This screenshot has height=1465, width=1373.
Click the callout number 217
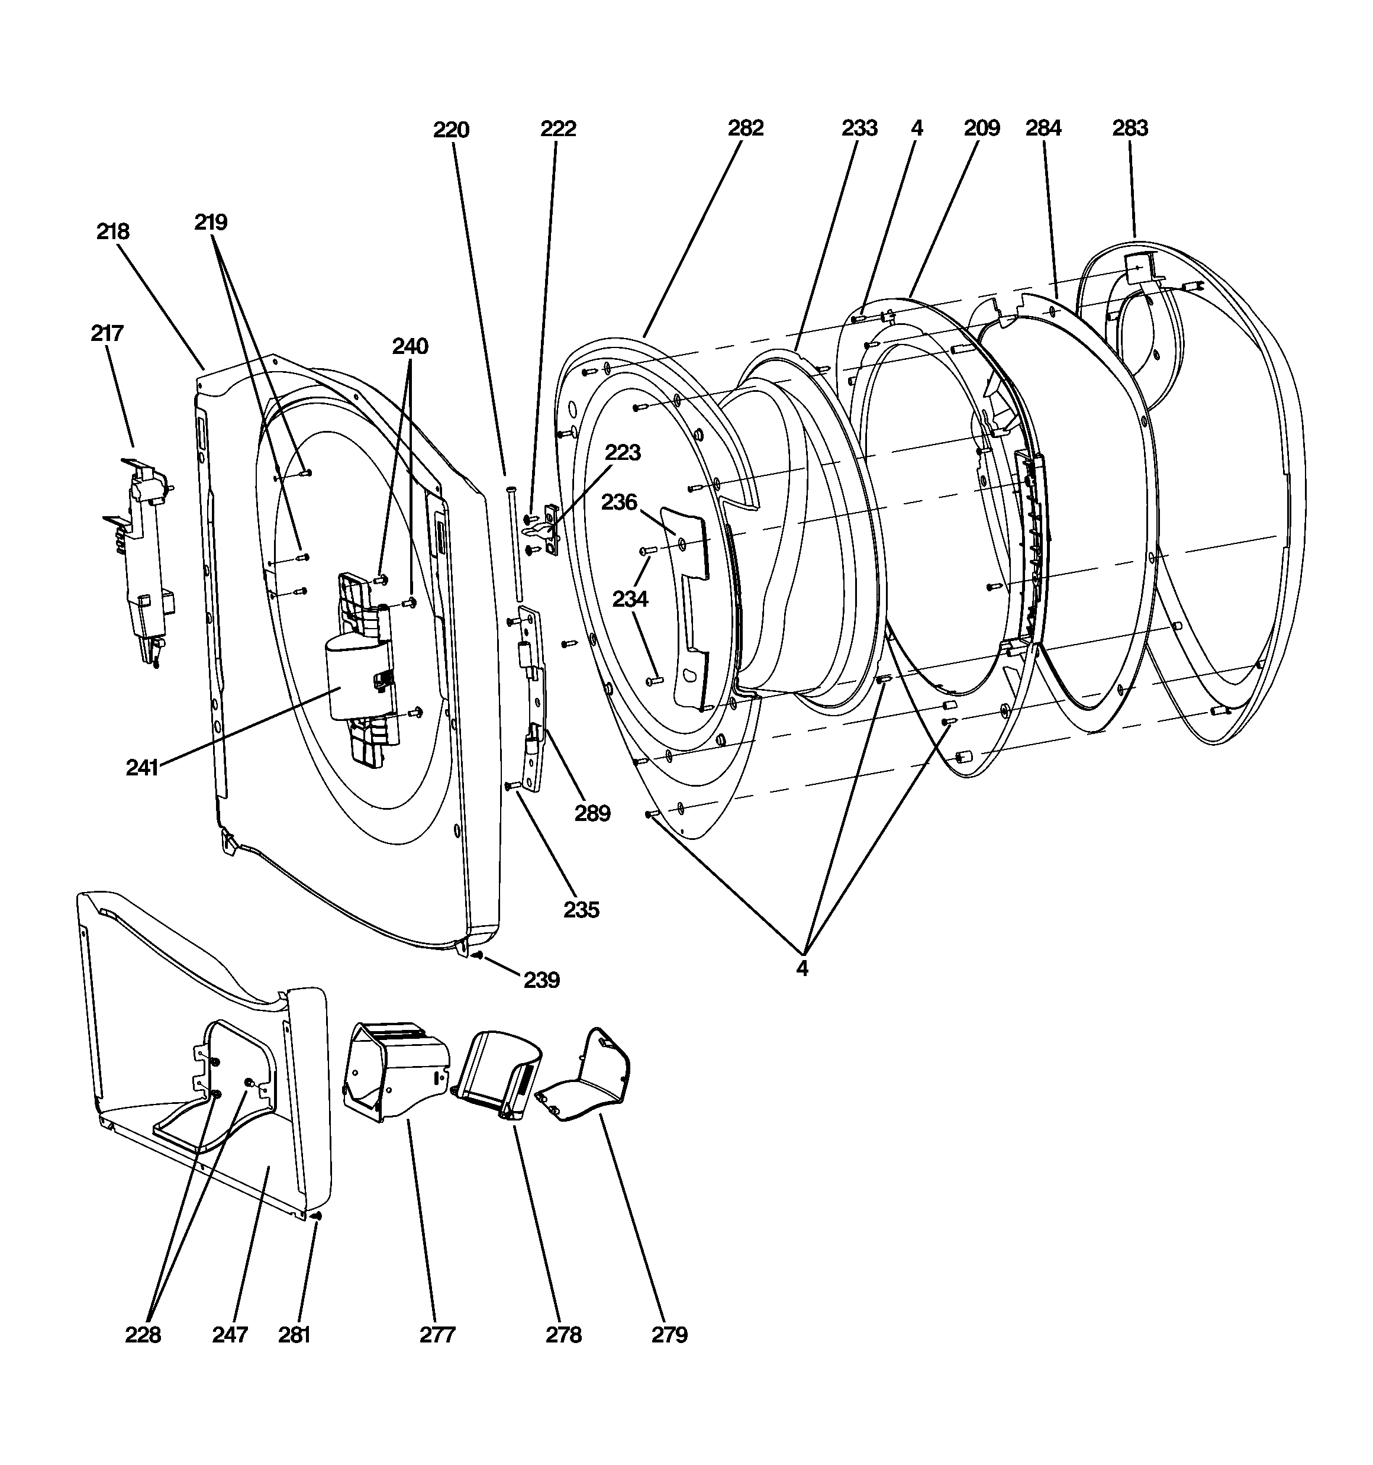(107, 333)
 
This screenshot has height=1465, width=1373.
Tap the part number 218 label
(113, 231)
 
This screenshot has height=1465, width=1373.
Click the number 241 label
(142, 767)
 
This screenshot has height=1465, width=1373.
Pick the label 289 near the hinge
(592, 813)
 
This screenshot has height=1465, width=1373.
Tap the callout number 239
(542, 980)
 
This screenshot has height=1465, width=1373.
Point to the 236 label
(619, 502)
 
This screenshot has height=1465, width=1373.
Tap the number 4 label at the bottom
(802, 968)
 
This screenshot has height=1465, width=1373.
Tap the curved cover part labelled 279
(584, 1076)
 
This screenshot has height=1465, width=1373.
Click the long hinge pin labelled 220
(513, 545)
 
